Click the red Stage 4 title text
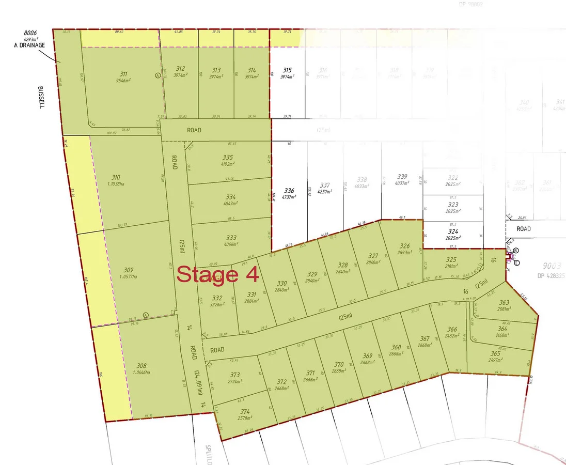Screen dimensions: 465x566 point(217,274)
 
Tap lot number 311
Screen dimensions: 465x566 point(123,74)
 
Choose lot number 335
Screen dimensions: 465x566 point(228,157)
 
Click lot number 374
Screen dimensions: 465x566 point(245,411)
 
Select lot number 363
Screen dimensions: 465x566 point(504,303)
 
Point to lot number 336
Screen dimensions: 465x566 point(289,190)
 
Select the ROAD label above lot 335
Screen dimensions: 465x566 point(194,130)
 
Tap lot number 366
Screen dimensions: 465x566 point(452,329)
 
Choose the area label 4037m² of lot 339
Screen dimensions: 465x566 point(402,182)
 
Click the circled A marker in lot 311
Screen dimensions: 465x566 point(157,75)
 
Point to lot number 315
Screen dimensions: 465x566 point(287,70)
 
